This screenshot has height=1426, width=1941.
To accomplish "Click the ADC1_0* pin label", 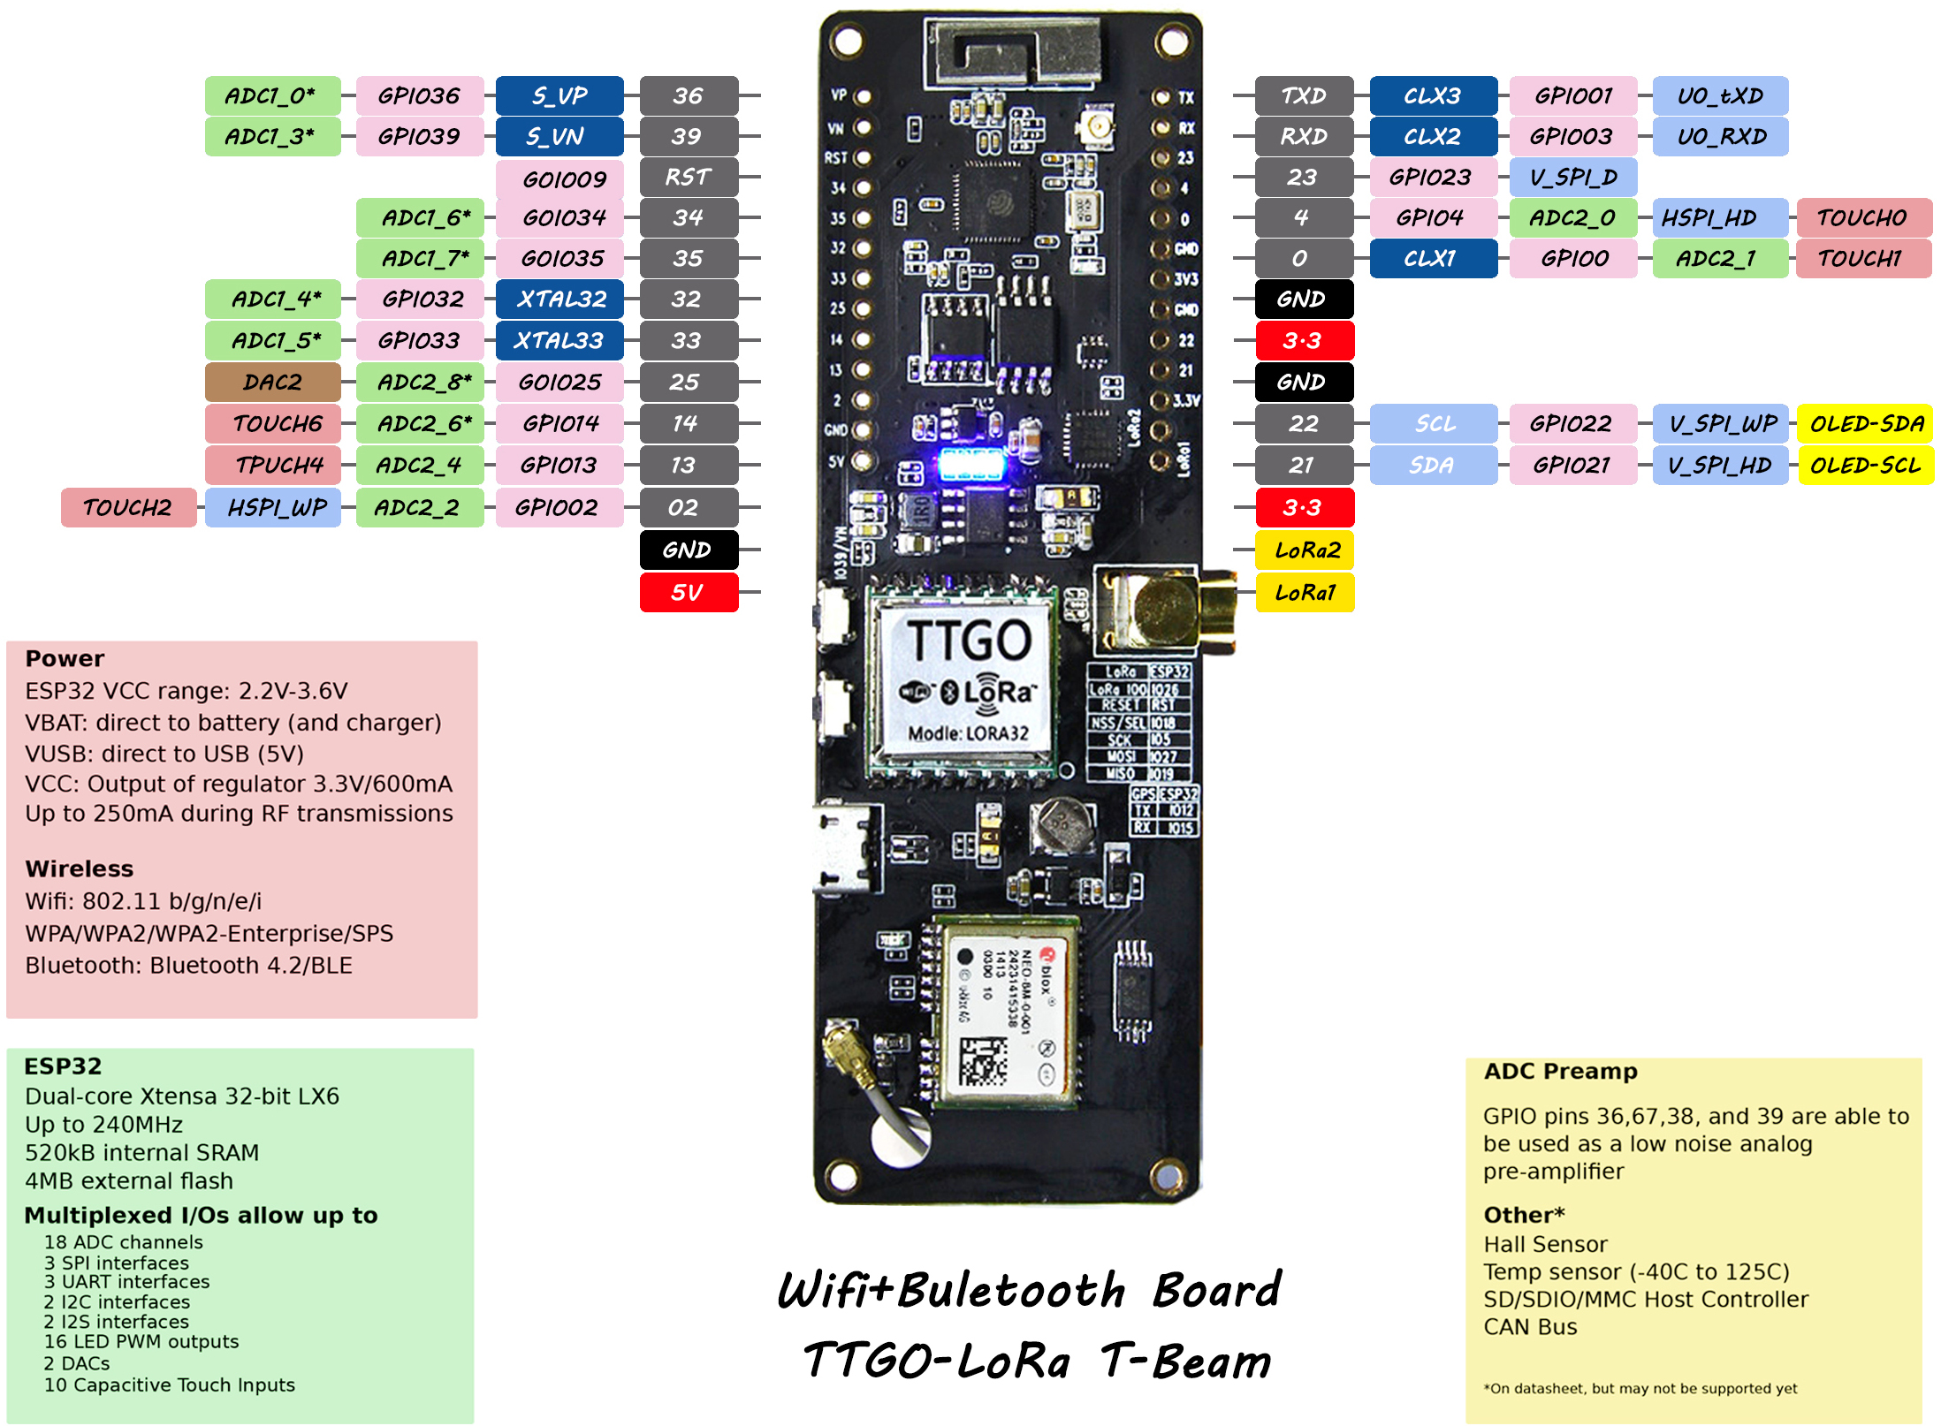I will click(272, 95).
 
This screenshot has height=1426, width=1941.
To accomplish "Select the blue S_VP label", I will click(559, 95).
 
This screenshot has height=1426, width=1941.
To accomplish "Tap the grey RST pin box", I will click(689, 177).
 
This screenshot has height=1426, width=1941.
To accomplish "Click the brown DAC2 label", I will click(272, 383).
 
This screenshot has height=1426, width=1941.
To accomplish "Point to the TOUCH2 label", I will click(128, 508).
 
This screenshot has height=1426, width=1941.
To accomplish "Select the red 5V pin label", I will click(689, 592).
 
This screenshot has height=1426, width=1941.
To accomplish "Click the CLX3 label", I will click(1433, 95).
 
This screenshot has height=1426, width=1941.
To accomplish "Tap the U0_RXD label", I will click(1720, 137).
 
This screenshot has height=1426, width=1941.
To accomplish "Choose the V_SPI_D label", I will click(1573, 177).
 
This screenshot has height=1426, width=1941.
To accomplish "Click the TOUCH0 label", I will click(1863, 218).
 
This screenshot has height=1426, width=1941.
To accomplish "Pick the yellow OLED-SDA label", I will click(1866, 424).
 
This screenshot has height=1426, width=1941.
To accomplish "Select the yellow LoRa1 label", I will click(1305, 592).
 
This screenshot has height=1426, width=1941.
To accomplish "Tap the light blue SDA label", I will click(1433, 466).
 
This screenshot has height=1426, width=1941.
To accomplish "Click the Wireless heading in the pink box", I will click(80, 868).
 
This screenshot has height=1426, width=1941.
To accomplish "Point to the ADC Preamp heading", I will click(1560, 1071).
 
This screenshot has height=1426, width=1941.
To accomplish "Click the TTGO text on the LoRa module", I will click(969, 640).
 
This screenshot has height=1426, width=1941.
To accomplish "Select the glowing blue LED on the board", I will click(970, 463).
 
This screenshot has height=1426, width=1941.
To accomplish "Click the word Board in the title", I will click(1216, 1290).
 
